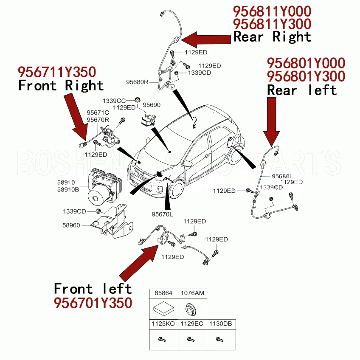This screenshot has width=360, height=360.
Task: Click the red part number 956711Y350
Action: [x=56, y=71]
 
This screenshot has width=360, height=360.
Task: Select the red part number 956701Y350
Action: [x=93, y=303]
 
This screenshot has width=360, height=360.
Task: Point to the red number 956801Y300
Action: [x=306, y=76]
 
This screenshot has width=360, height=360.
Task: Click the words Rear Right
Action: [x=272, y=37]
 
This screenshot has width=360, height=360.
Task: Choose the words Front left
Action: [x=93, y=289]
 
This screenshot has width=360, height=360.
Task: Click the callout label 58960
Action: [x=71, y=225]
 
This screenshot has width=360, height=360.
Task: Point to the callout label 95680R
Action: [x=137, y=82]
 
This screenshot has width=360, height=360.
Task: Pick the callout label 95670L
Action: [x=163, y=214]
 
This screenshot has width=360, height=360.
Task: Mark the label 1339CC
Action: [x=114, y=101]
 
